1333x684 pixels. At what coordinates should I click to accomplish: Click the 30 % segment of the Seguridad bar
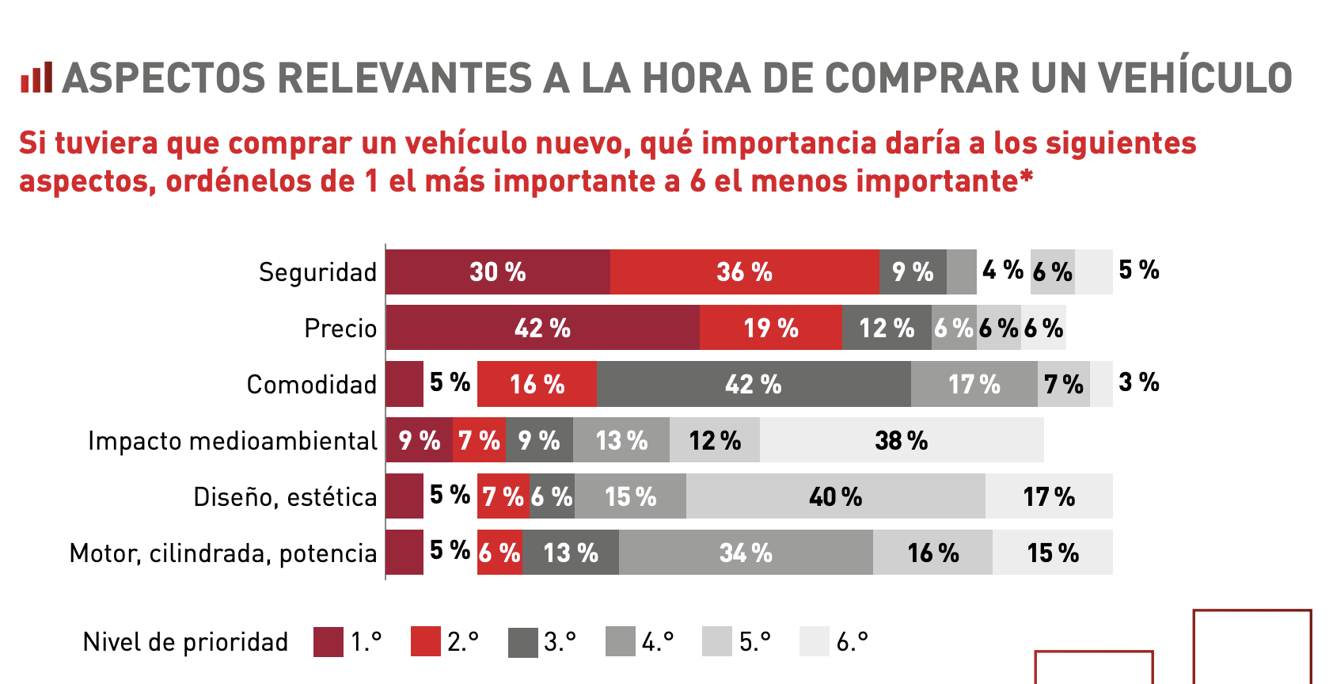coord(498,272)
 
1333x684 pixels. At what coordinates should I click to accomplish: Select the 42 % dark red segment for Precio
coord(543,328)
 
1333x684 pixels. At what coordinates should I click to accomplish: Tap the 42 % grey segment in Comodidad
coord(753,385)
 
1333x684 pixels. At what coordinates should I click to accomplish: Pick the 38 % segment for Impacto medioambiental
coord(902,440)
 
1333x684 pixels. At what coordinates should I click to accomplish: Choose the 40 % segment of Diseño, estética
coord(835,496)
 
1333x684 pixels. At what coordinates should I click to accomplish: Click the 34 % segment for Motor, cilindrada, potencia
coord(746,553)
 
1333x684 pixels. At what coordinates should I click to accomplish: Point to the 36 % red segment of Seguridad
coord(744,272)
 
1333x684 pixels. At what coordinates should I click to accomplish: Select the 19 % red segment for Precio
coord(770,328)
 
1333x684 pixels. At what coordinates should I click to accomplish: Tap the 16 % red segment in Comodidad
coord(537,385)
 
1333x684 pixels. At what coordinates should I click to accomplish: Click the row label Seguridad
coord(317,272)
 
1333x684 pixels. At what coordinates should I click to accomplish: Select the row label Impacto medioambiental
coord(233,441)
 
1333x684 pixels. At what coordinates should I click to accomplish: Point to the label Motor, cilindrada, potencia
coord(223,553)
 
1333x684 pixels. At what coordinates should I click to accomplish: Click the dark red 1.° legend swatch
coord(329,641)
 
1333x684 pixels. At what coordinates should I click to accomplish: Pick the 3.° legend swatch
coord(522,641)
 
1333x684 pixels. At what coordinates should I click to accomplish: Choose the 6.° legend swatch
coord(814,641)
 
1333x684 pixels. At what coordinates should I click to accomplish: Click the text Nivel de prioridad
coord(185,642)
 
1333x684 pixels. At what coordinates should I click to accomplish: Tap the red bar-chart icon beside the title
coord(36,78)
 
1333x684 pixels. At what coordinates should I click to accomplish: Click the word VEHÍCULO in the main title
coord(1194,78)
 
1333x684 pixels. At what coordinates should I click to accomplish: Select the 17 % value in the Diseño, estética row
coord(1049,496)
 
